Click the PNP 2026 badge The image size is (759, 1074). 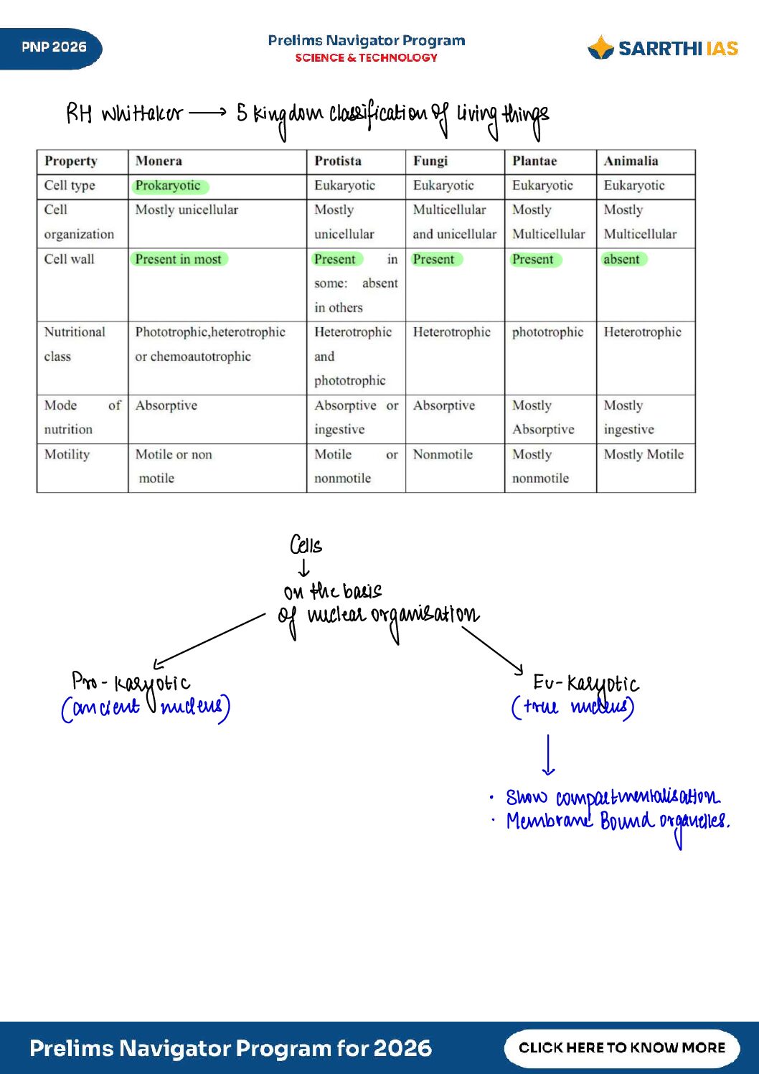click(53, 48)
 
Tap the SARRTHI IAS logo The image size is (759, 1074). click(663, 48)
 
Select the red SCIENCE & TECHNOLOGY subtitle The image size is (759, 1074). click(366, 58)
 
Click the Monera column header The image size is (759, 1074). click(159, 161)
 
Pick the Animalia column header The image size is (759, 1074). click(631, 161)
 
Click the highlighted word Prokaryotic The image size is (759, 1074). click(169, 186)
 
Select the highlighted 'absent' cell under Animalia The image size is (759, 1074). click(622, 259)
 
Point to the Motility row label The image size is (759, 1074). click(67, 454)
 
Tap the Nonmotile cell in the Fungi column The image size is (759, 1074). click(443, 454)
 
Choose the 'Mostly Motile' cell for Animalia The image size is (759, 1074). click(643, 454)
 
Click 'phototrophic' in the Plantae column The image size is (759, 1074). click(547, 332)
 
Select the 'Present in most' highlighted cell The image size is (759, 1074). click(179, 259)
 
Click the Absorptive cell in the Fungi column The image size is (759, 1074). click(444, 405)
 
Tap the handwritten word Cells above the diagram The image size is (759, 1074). click(306, 546)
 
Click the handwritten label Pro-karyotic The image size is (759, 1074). click(131, 682)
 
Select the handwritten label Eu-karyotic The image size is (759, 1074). click(585, 683)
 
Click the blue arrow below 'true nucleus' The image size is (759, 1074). click(548, 755)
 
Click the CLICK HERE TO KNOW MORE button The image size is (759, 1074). click(622, 1047)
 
